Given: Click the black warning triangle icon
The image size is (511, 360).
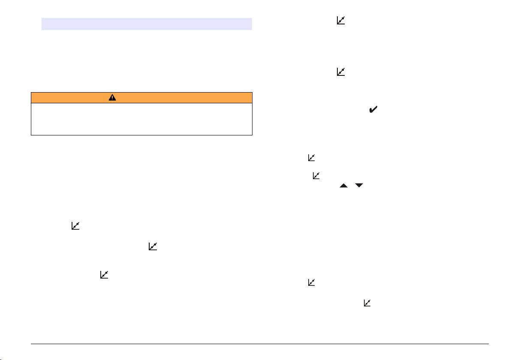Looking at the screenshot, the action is (112, 97).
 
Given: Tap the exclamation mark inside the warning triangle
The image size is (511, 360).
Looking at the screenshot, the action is (112, 98).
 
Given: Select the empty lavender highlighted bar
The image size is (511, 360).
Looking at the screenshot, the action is (146, 24).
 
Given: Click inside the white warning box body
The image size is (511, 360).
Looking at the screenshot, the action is (141, 119).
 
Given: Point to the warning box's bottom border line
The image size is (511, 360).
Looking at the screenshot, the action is (141, 135).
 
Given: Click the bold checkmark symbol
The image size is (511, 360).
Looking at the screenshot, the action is (373, 110).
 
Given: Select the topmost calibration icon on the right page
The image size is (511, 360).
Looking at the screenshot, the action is (341, 20).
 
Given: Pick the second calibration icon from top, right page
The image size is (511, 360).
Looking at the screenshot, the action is (341, 72).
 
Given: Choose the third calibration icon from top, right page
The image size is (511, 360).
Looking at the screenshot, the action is (312, 158).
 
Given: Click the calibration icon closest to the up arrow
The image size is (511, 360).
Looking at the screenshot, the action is (316, 175).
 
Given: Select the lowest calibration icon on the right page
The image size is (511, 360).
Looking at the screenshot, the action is (368, 303).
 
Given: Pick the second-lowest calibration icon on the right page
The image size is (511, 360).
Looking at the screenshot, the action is (312, 282).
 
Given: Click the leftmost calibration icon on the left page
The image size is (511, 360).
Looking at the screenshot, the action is (75, 226).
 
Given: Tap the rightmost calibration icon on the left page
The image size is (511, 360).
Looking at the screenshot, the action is (153, 246).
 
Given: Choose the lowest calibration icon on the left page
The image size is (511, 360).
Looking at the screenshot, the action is (104, 275).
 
